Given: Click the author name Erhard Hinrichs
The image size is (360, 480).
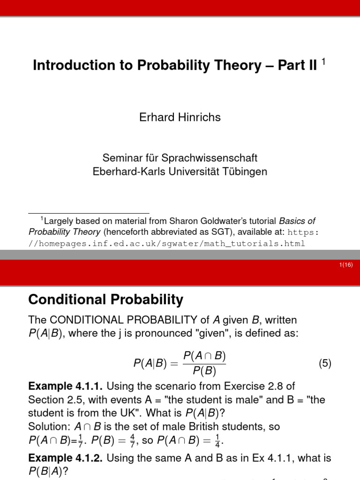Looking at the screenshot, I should [x=180, y=117].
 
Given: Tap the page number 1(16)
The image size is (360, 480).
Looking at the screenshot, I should [x=345, y=265].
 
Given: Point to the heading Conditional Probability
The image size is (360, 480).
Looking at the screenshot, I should [x=106, y=300].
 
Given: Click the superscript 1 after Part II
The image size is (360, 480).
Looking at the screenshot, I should [x=323, y=63].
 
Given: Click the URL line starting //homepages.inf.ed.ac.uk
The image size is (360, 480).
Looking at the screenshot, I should [x=167, y=243].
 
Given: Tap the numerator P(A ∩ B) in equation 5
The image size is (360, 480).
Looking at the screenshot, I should [x=204, y=354].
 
